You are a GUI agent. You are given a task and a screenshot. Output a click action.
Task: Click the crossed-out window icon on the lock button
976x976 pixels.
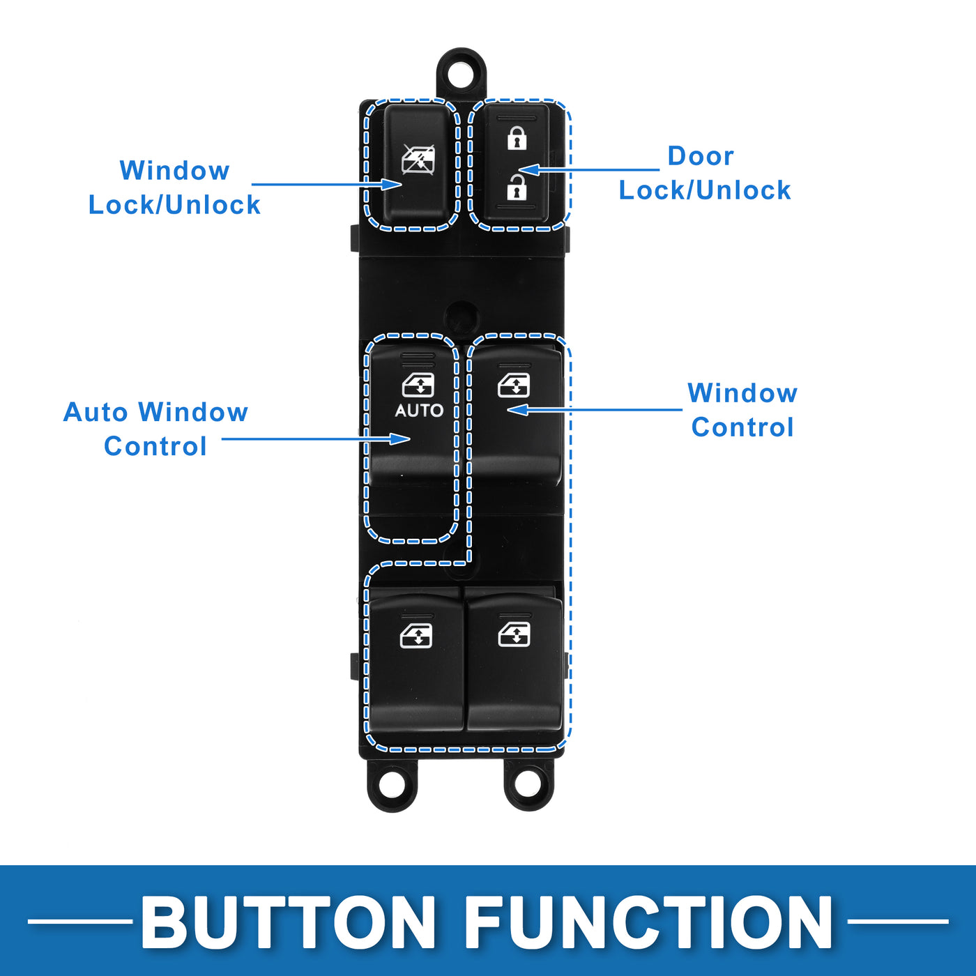(418, 160)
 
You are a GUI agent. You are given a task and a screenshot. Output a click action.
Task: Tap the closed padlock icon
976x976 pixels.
(516, 138)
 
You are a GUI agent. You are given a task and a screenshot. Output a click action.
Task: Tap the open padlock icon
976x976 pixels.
(516, 187)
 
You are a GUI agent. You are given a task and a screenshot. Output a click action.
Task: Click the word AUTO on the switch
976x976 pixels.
(419, 411)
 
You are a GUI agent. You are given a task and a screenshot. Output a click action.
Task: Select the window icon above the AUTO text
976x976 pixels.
(418, 385)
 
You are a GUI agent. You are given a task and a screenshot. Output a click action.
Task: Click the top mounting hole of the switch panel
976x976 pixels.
(461, 73)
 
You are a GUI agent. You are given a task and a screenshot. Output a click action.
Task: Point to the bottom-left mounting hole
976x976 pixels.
(392, 784)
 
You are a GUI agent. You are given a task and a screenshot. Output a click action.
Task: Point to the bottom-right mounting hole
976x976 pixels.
(528, 784)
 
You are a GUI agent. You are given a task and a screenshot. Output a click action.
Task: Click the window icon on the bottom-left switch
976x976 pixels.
(416, 636)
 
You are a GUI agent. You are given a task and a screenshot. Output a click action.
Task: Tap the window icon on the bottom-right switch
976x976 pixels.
(514, 634)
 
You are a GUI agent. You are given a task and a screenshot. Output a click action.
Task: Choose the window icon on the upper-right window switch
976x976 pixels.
(514, 385)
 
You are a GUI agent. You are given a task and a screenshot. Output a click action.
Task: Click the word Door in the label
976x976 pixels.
(700, 156)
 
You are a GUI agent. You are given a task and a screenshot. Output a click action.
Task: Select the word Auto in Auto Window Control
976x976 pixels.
(97, 412)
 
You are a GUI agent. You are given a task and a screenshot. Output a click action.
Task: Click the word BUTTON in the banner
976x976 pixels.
(288, 922)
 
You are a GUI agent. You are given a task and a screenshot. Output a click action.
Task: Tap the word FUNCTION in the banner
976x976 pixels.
(648, 922)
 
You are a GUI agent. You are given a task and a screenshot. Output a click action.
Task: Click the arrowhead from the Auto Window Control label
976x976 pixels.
(400, 439)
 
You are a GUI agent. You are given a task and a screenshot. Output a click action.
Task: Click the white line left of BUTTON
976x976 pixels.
(79, 922)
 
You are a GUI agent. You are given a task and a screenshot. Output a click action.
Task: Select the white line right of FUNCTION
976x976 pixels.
(898, 922)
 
